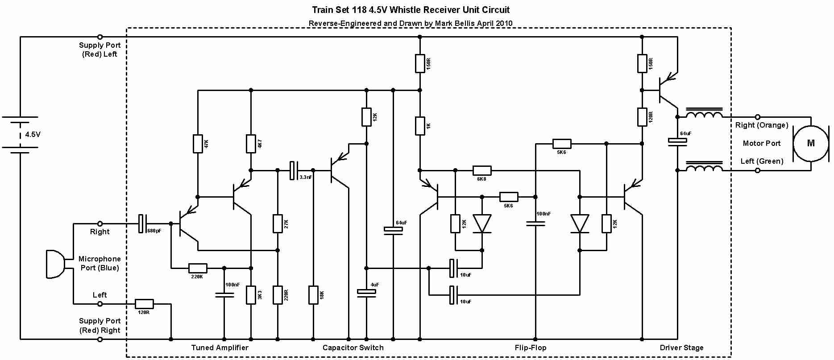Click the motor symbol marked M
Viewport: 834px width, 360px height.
click(810, 143)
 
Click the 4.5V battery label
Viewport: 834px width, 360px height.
click(33, 134)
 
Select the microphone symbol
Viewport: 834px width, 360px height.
click(55, 264)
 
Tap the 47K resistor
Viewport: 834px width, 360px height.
click(198, 144)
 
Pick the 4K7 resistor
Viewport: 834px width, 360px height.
click(251, 144)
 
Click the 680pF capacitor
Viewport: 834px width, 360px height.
click(142, 223)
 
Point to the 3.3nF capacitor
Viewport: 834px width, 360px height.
click(293, 170)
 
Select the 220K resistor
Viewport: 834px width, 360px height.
click(198, 268)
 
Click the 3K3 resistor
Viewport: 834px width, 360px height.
click(251, 295)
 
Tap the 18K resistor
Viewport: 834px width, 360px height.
click(313, 295)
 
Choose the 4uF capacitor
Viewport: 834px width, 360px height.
click(366, 292)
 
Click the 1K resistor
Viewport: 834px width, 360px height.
click(419, 126)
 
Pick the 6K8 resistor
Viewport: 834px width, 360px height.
click(481, 170)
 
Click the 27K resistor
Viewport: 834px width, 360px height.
click(278, 223)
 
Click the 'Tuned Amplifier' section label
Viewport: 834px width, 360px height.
click(220, 348)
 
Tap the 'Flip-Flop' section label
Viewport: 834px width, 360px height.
click(530, 348)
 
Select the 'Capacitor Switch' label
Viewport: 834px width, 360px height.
click(353, 348)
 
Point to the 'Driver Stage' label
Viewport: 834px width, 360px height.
click(681, 348)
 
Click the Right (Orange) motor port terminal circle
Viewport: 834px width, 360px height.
click(757, 117)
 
